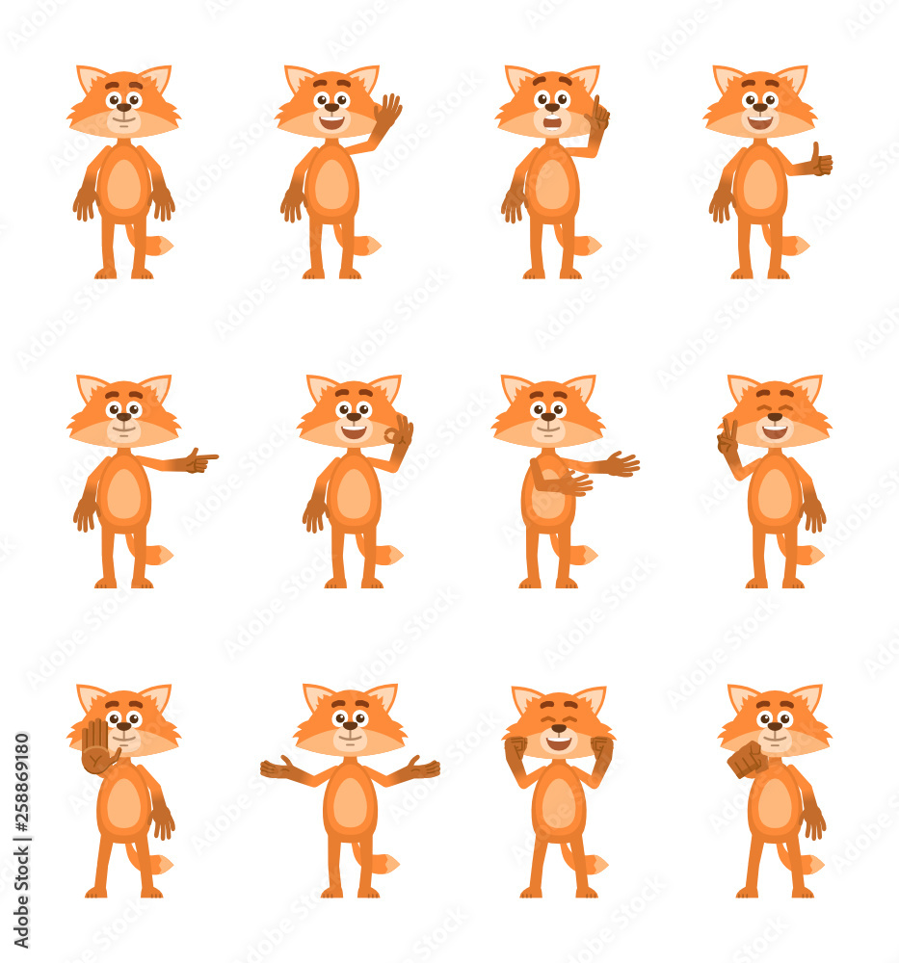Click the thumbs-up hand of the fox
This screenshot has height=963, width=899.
point(821,161)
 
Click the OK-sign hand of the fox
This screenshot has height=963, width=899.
point(399,432)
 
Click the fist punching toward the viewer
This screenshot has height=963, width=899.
point(746,760)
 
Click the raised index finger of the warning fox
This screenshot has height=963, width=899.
point(596,104)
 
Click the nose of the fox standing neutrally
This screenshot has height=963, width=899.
point(123,108)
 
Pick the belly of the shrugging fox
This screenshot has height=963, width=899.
point(350,802)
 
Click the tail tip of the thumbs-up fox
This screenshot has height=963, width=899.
point(801,246)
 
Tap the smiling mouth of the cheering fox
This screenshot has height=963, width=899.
point(558,742)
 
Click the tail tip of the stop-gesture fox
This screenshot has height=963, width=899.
point(164,864)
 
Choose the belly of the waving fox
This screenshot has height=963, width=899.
point(332,185)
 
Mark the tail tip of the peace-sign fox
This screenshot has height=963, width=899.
point(815,555)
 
